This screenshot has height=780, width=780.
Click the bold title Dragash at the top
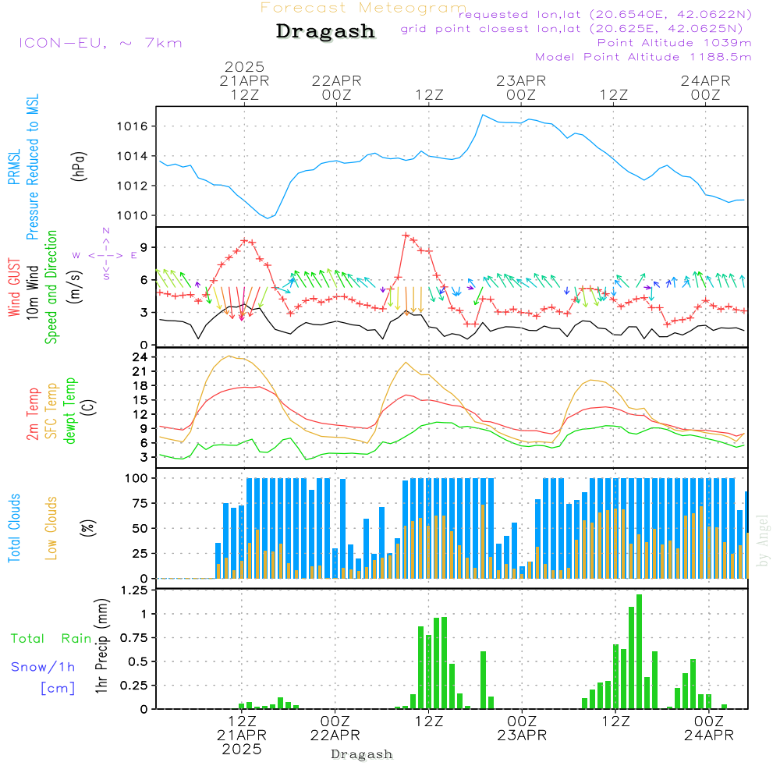tap(325, 31)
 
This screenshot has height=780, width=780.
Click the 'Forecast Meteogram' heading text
tap(363, 8)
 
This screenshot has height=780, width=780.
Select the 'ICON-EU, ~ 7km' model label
tap(101, 43)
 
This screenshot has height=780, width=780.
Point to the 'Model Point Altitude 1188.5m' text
tap(643, 57)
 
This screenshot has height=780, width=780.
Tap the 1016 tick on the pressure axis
tap(133, 126)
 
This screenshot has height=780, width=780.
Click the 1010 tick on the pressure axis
tap(133, 216)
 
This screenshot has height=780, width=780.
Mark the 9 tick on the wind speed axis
tap(144, 247)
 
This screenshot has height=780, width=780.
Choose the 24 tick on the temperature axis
tap(140, 357)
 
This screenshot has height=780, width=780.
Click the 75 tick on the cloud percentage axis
tap(140, 503)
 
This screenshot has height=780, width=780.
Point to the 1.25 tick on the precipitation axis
tap(134, 590)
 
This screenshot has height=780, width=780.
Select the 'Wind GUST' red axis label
tap(14, 288)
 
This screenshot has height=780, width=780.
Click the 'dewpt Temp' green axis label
tap(70, 411)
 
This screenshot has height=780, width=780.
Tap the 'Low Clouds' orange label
tap(51, 528)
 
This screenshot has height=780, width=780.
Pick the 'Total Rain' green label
tap(51, 639)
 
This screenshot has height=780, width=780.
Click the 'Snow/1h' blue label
tap(43, 667)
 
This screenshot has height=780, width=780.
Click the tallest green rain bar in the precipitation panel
tap(640, 651)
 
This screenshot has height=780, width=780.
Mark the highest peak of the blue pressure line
tap(482, 115)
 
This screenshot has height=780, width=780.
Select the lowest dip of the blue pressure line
tap(268, 218)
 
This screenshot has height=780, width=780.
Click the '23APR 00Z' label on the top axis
tap(521, 87)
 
